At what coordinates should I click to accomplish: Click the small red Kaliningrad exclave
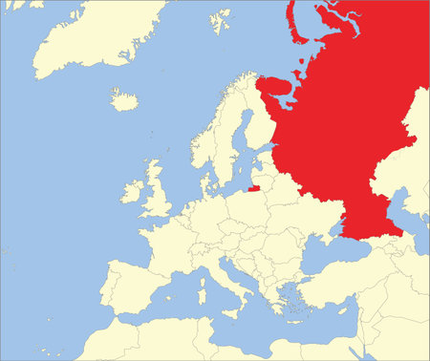[x=252, y=189]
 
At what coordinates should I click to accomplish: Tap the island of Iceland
[x=124, y=99]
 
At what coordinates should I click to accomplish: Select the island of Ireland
[x=131, y=190]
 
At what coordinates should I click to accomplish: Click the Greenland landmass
[x=86, y=38]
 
